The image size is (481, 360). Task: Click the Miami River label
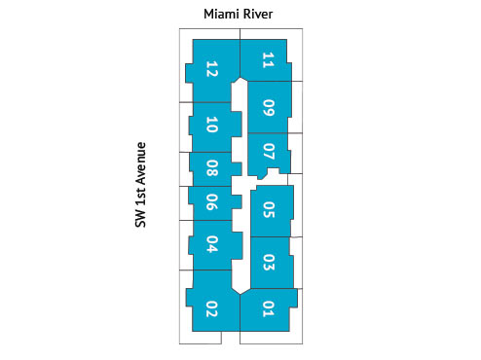(238, 14)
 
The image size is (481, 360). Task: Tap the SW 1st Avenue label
(140, 185)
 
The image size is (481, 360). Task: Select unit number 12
(211, 70)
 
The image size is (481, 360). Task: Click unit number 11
(268, 60)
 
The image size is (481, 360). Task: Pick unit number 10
(211, 125)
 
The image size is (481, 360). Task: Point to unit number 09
(269, 107)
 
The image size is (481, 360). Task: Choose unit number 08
(211, 168)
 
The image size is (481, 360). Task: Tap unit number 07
(269, 152)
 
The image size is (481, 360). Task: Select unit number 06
(211, 201)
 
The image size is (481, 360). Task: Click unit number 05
(269, 209)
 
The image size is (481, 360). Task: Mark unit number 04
(211, 244)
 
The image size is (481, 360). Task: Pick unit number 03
(269, 262)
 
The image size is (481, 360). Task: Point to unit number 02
(211, 311)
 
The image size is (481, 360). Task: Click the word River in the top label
(257, 14)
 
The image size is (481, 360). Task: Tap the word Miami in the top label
(221, 14)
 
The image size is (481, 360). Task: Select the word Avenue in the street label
(140, 162)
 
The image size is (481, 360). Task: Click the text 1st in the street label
(140, 199)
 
